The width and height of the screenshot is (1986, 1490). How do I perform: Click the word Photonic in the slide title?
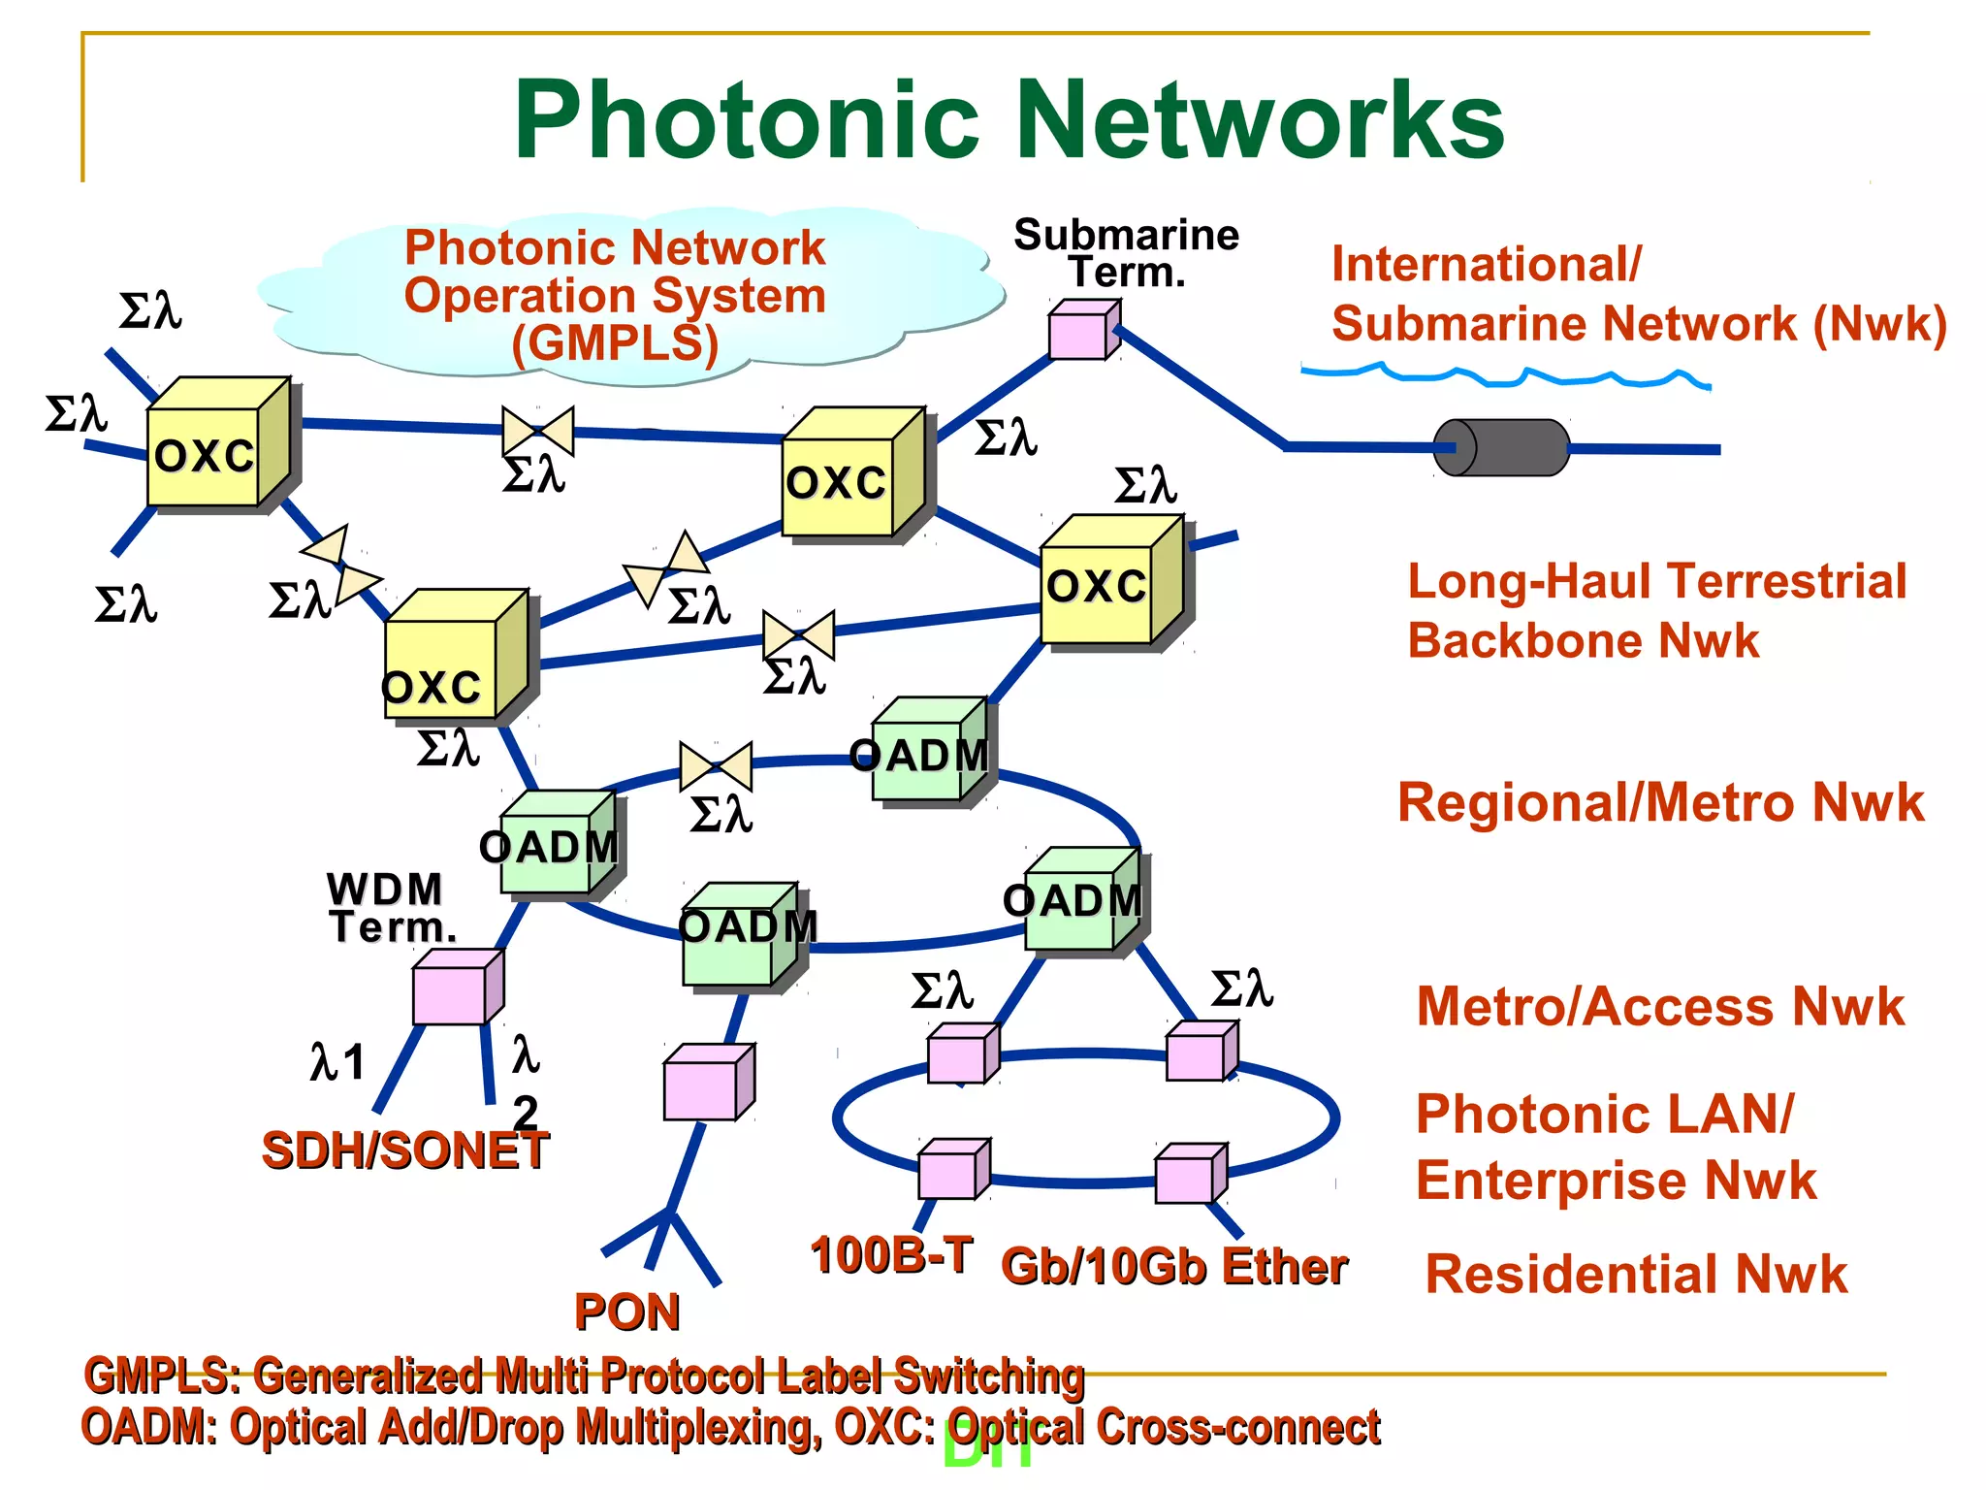pyautogui.click(x=747, y=120)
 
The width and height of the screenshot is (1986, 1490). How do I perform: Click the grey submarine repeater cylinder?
pyautogui.click(x=1501, y=447)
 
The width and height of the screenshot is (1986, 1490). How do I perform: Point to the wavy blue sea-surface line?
pyautogui.click(x=1503, y=375)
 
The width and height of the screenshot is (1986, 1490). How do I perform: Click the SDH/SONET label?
pyautogui.click(x=404, y=1151)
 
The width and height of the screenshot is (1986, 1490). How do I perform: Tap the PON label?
pyautogui.click(x=627, y=1312)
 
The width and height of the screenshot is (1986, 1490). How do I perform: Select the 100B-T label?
pyautogui.click(x=891, y=1255)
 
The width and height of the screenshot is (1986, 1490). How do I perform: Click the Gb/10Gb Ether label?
pyautogui.click(x=1173, y=1267)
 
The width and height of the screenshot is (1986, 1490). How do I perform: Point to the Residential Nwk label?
pyautogui.click(x=1636, y=1274)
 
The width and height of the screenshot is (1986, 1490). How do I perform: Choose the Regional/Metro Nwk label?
pyautogui.click(x=1660, y=803)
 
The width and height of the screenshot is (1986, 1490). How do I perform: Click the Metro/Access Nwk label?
pyautogui.click(x=1660, y=1007)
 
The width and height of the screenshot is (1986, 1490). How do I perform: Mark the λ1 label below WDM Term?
pyautogui.click(x=337, y=1061)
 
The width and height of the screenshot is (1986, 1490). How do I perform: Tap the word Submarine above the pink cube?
pyautogui.click(x=1126, y=236)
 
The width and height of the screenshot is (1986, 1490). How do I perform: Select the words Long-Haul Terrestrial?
pyautogui.click(x=1656, y=582)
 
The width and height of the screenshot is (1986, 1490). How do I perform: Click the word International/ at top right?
pyautogui.click(x=1487, y=265)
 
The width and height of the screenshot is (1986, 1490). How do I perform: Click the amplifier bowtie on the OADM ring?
pyautogui.click(x=716, y=766)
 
